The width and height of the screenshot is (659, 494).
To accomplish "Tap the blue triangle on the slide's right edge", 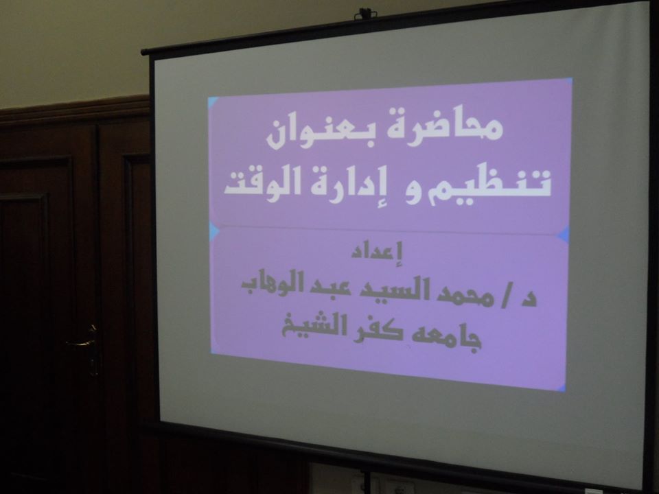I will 564,235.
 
